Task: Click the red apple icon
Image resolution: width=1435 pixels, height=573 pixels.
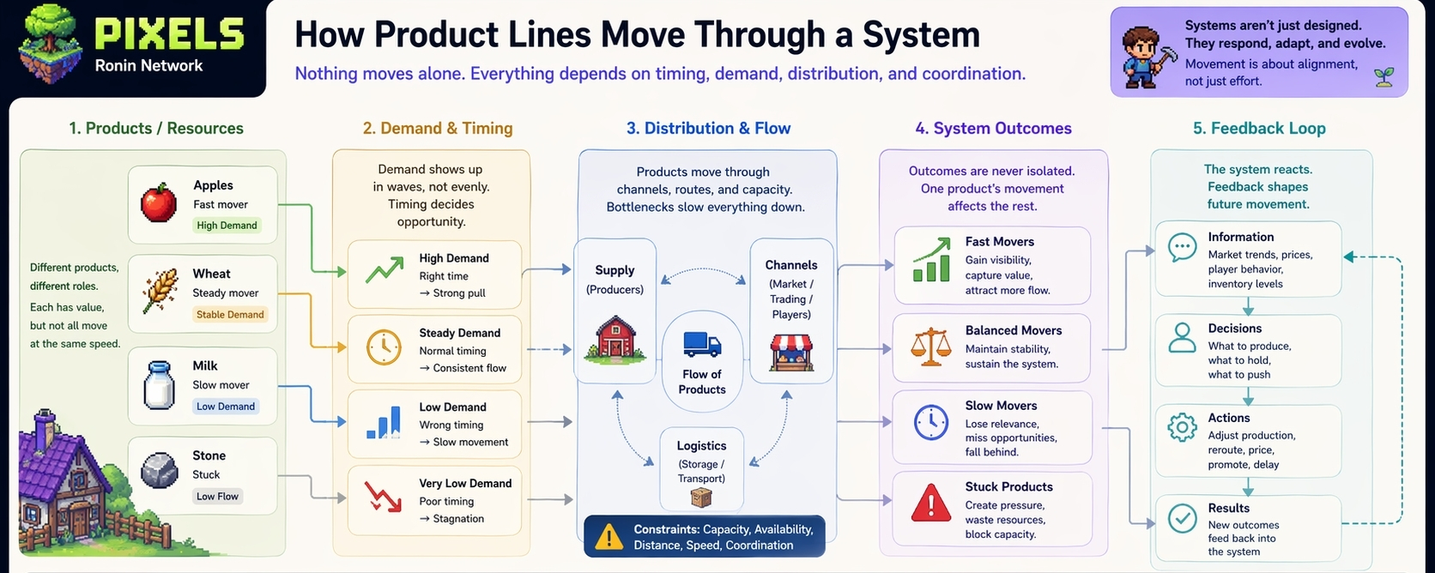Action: pos(159,203)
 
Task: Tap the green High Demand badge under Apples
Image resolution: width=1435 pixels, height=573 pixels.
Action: pos(227,226)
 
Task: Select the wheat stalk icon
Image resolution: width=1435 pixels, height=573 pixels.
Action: pos(159,291)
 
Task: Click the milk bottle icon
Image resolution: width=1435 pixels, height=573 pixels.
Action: pos(159,386)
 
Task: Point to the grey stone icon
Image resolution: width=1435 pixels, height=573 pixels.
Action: pos(159,470)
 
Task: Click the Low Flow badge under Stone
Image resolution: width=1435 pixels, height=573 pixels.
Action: pos(217,497)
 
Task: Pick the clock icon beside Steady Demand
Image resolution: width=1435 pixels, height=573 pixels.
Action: pos(384,348)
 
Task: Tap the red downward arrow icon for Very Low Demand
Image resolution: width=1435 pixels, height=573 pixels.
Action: pos(383,497)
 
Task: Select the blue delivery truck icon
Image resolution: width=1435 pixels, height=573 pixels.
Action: pos(702,344)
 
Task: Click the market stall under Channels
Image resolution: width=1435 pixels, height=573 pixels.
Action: pos(791,352)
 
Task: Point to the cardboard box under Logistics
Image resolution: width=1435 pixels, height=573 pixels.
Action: pos(701,498)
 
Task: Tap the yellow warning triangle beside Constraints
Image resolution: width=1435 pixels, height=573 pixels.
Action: pos(609,537)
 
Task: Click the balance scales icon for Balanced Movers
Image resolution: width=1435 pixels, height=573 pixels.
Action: pos(931,347)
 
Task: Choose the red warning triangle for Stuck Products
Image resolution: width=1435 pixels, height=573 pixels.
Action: pos(931,504)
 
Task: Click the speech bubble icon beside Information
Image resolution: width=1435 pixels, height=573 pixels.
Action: pos(1182,248)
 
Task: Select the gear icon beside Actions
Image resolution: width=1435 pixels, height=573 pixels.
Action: pos(1182,426)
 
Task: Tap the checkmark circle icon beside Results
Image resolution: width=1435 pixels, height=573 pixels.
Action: pos(1182,518)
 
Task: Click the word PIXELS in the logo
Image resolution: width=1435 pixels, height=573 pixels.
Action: pos(169,35)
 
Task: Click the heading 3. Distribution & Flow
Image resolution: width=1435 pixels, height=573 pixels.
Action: pos(708,129)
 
